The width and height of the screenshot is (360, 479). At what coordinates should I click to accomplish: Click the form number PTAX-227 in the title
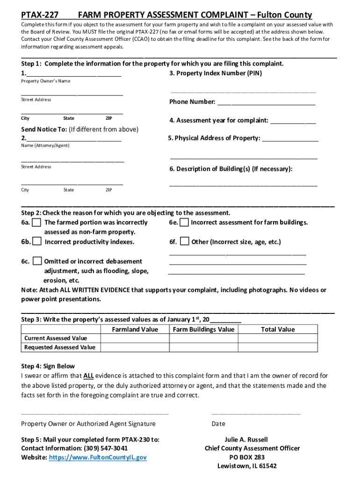pos(40,15)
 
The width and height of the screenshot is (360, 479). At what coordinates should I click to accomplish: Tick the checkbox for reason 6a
pos(36,222)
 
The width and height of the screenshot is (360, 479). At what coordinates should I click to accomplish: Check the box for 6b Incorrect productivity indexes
pos(36,241)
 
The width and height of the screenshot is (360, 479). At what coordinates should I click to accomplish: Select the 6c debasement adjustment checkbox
pos(36,261)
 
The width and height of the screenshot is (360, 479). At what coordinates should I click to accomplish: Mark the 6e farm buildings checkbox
pos(184,222)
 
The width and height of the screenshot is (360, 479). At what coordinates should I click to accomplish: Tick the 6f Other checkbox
pos(184,241)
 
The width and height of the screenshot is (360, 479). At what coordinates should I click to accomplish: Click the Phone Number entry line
pos(266,102)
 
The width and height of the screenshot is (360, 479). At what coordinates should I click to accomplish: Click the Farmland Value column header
pos(135,329)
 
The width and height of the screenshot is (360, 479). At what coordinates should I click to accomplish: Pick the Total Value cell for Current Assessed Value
pos(278,338)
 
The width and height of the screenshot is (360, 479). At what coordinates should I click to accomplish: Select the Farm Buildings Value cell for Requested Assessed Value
pos(203,347)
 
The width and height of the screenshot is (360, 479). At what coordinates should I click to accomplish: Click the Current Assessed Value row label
pos(56,338)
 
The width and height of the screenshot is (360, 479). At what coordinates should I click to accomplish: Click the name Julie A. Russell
pos(246,440)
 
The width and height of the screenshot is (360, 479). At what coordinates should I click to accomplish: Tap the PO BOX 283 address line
pos(247,457)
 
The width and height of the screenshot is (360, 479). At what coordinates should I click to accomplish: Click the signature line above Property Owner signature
pos(95,413)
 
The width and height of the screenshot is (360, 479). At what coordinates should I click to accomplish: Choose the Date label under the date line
pos(218,424)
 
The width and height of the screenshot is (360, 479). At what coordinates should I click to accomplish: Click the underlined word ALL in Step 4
pos(89,376)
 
